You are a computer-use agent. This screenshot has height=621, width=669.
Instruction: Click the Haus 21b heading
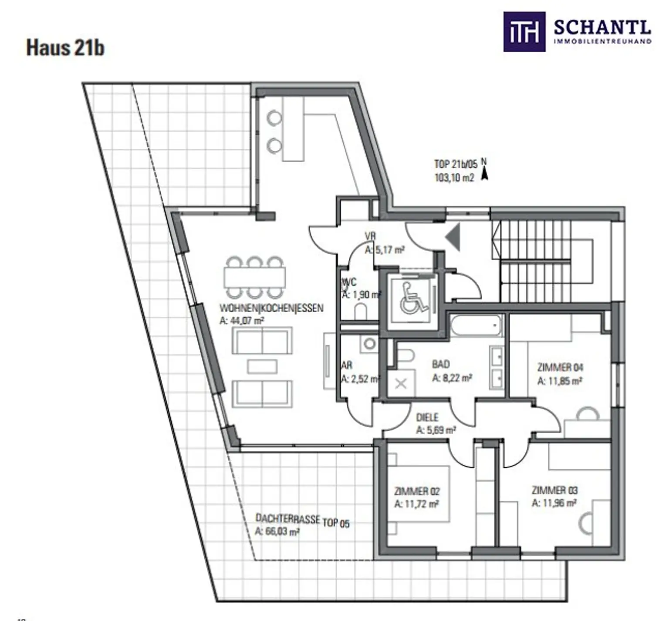point(65,47)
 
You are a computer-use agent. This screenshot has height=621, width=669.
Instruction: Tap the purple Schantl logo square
point(524,32)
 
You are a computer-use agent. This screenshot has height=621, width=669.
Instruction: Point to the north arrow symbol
point(484,174)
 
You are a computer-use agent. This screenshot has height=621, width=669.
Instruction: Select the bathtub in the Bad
point(476,325)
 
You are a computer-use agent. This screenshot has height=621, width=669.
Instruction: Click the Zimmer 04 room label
point(560,367)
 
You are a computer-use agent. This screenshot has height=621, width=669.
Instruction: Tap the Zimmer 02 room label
point(417,491)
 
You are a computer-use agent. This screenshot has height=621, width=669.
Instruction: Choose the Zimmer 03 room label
point(554,490)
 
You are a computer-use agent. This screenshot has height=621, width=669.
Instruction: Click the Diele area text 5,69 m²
point(436,430)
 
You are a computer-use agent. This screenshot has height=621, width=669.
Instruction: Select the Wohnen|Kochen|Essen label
point(271,308)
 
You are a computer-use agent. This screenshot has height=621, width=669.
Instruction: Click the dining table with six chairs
point(255,277)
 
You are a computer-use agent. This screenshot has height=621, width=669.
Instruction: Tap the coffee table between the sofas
point(262,366)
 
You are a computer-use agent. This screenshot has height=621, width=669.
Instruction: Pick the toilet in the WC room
point(361,312)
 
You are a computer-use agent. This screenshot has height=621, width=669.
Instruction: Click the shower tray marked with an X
point(401,383)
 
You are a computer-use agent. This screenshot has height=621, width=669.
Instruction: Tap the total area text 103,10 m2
point(454,178)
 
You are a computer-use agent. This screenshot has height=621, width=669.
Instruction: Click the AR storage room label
point(347,365)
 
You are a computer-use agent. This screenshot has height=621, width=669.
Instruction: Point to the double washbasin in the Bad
point(497,367)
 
